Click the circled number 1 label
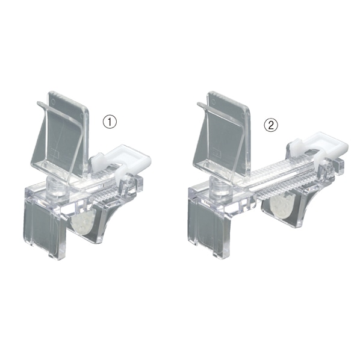click(110, 122)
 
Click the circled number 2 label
click(271, 125)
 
